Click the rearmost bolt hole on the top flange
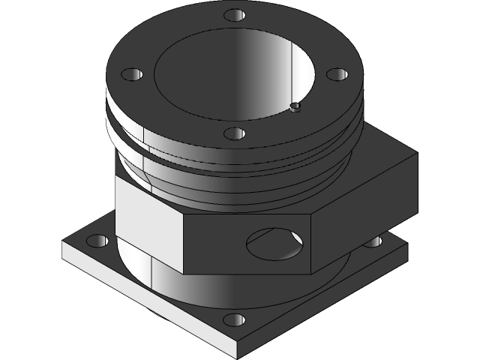coord(235,15)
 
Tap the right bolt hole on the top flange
coord(337,74)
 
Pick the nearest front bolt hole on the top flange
coord(235,133)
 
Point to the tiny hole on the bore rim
coord(295,107)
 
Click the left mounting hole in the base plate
coord(97,241)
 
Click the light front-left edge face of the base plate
coord(150,300)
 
